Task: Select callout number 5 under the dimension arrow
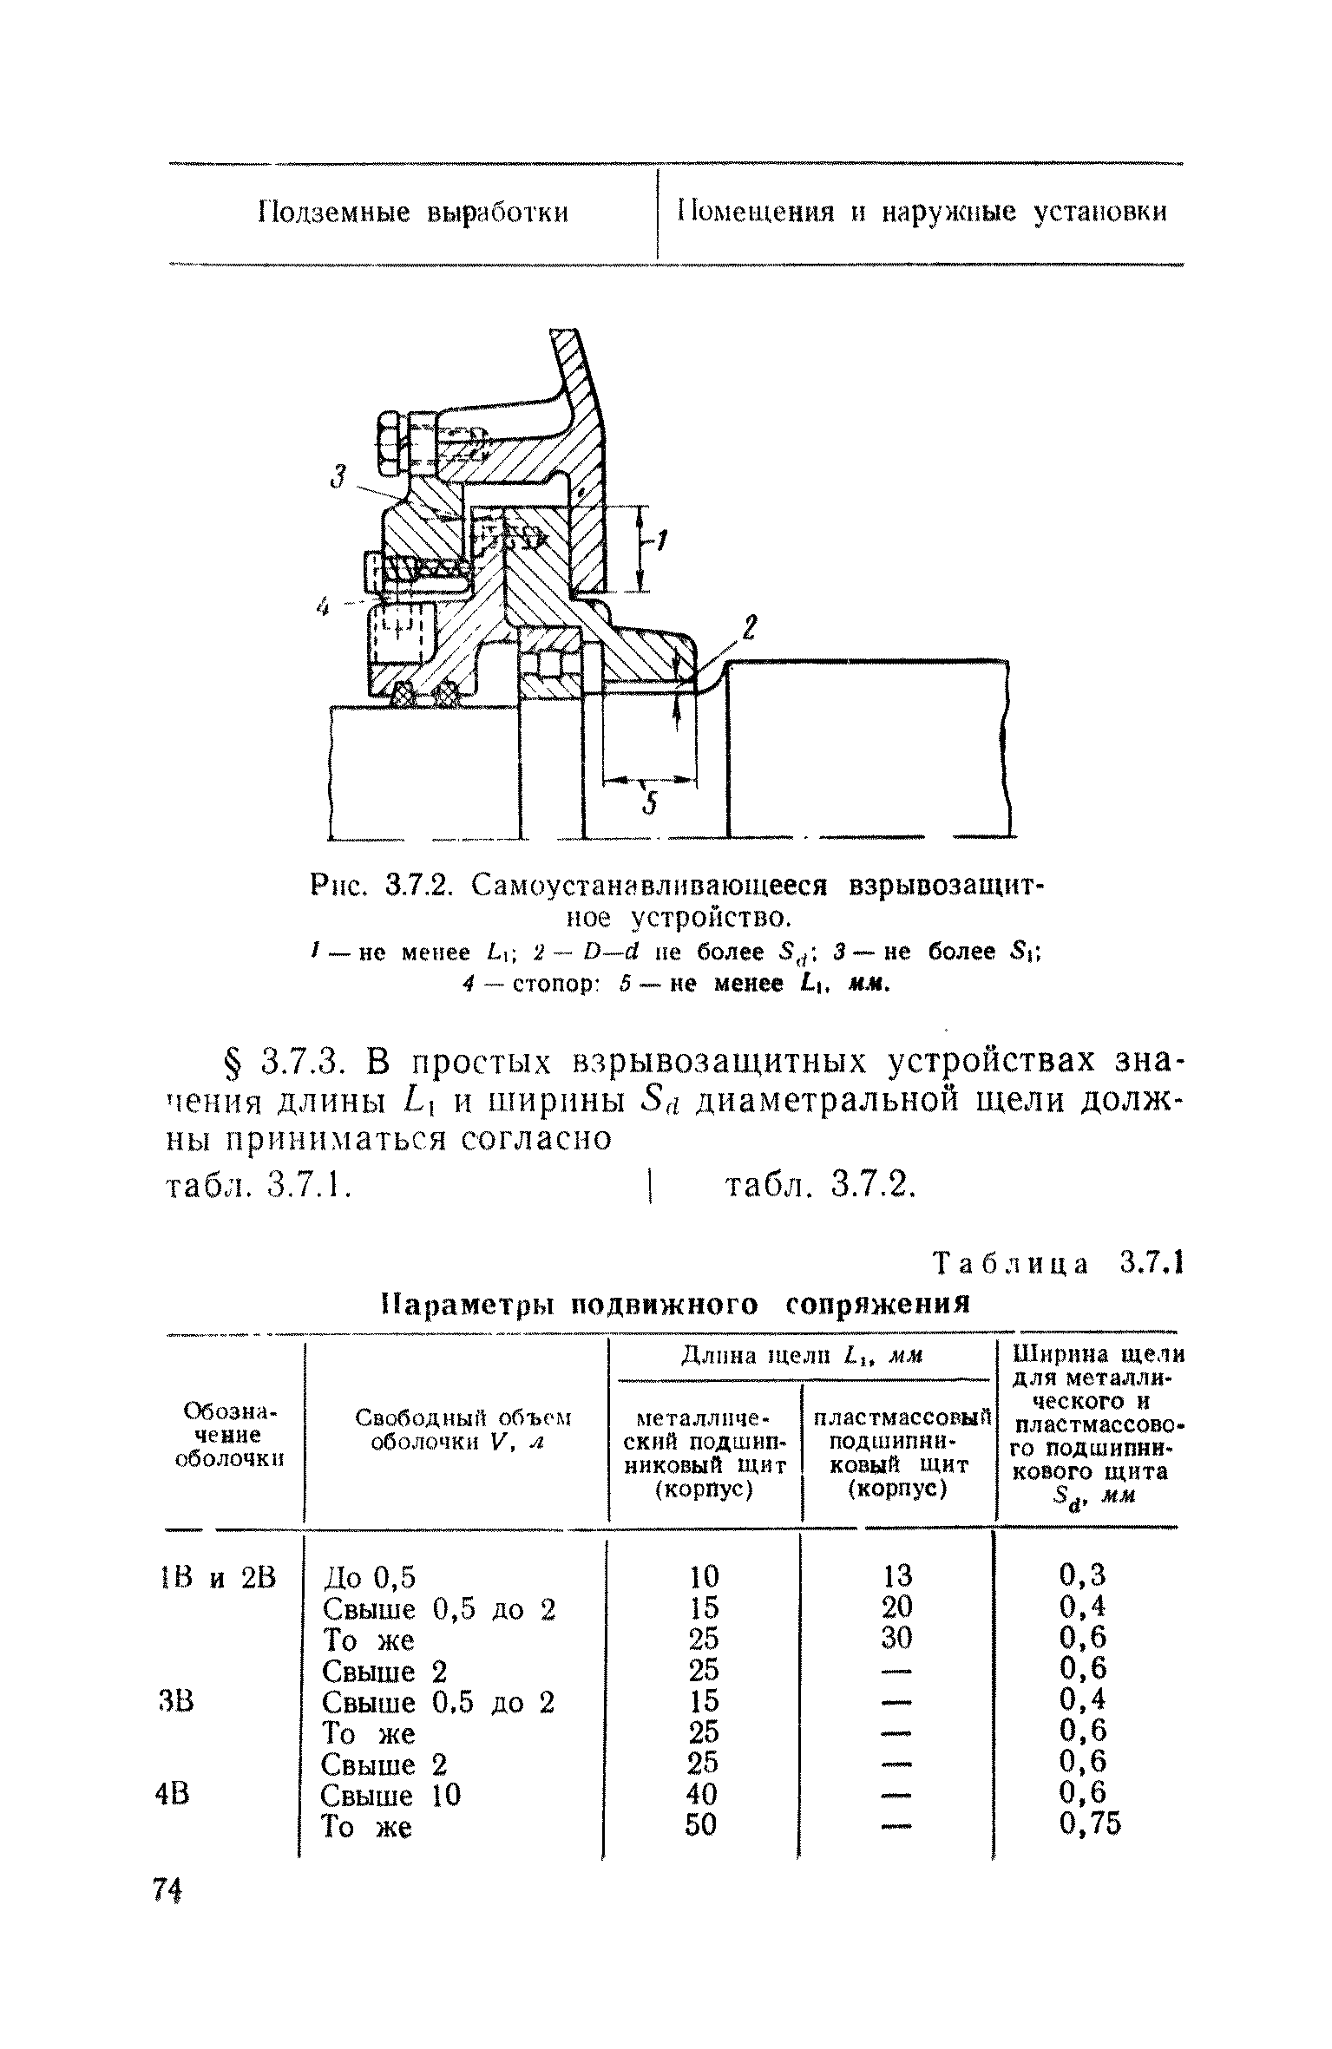(648, 806)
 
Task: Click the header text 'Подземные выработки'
(414, 213)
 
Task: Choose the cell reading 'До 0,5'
(369, 1577)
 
